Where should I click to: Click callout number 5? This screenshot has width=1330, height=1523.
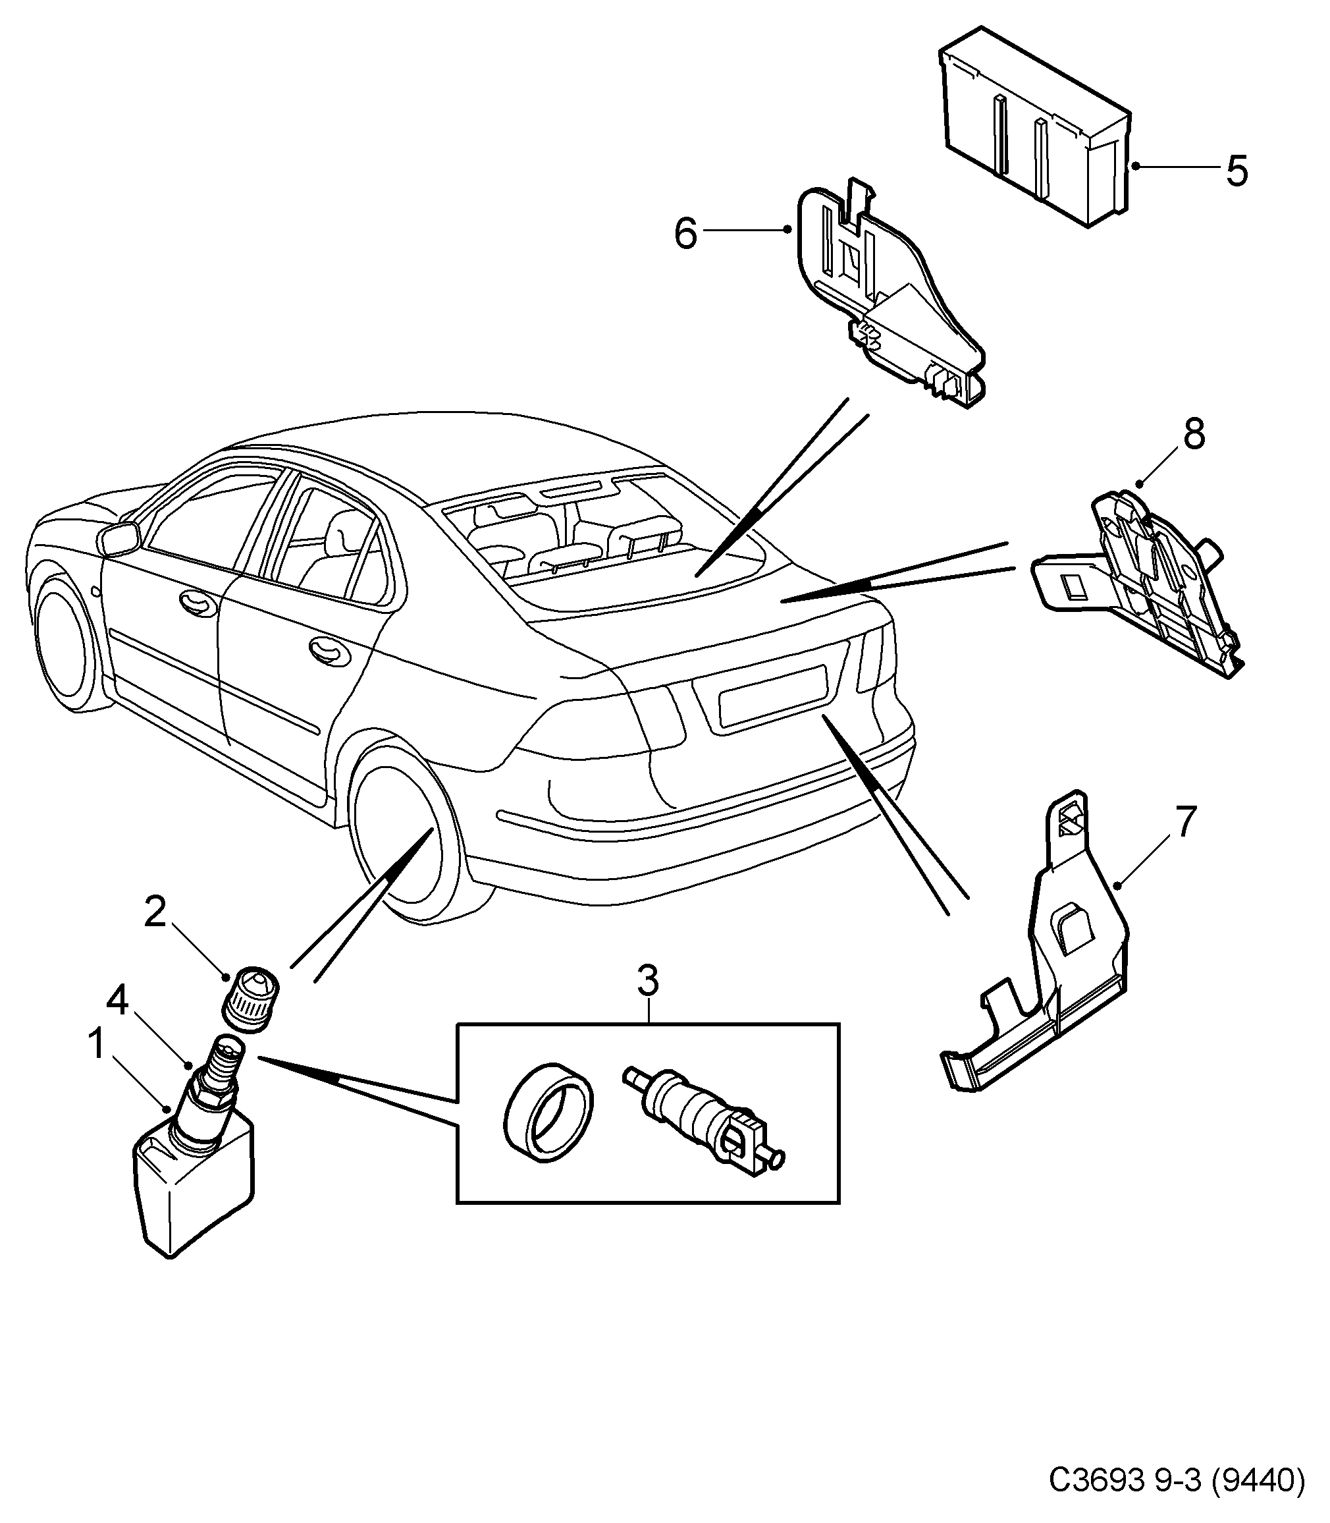pyautogui.click(x=1237, y=171)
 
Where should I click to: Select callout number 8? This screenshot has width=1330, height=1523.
pyautogui.click(x=1194, y=434)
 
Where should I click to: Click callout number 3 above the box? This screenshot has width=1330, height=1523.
pyautogui.click(x=648, y=982)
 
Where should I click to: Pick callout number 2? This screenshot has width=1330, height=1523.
pyautogui.click(x=154, y=912)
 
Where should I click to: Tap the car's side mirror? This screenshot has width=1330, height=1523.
pyautogui.click(x=119, y=538)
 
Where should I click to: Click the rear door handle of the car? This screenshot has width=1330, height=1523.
pyautogui.click(x=329, y=649)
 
